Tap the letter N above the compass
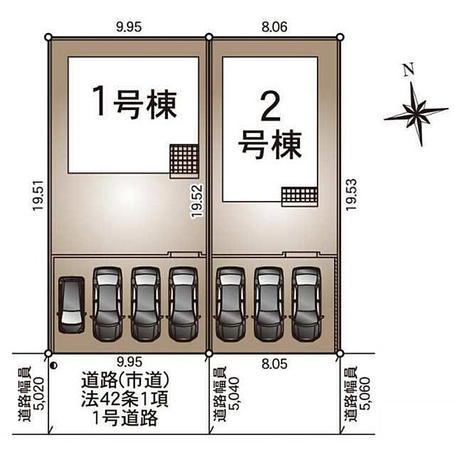click(409, 71)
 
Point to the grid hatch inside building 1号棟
click(185, 159)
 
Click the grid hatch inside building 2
click(299, 194)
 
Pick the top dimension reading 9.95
click(128, 26)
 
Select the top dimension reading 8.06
click(275, 26)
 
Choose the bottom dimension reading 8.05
click(275, 361)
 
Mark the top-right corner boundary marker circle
click(340, 37)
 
